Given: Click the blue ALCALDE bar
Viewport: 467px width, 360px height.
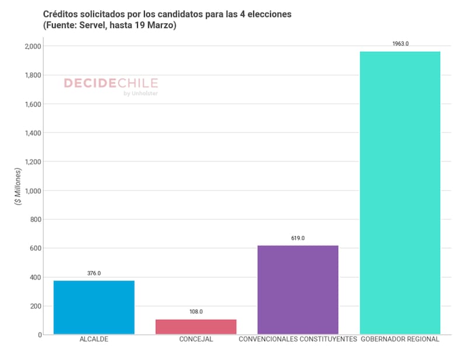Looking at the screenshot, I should coord(94,307).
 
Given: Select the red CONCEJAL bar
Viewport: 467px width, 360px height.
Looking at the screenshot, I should coord(196,327).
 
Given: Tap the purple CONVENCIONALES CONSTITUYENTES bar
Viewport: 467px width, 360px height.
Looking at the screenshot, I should coord(298,290).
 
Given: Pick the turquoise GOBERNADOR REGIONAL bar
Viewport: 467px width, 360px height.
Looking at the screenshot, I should coord(400,193).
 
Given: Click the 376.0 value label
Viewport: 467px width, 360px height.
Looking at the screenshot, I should coord(94,273).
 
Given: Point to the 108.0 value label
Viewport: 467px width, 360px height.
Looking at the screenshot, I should coord(196,312).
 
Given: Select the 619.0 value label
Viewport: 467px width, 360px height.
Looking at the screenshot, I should coord(298,238).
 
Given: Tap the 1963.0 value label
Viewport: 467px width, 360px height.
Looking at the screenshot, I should coord(400,44).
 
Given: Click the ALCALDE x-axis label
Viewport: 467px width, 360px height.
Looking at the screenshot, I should coord(94,339).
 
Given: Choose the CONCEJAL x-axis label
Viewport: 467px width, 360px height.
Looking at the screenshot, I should coord(196,339).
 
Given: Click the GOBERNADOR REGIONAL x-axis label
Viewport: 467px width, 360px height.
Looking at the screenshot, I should coord(400,339).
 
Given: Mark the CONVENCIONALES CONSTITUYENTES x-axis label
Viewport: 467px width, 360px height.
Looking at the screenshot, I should coord(298,339).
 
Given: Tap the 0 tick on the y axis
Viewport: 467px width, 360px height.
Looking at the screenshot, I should coord(40,335).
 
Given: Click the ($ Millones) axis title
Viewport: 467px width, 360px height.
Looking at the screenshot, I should coord(18,186).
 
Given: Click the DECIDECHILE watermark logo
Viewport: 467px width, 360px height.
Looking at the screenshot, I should coord(110,83).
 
